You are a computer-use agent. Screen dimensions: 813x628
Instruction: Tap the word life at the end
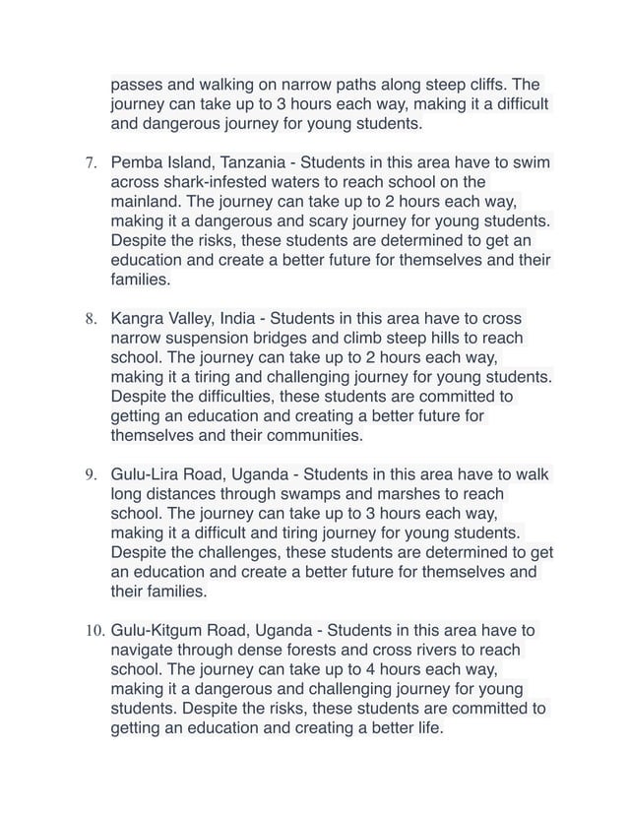[425, 728]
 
